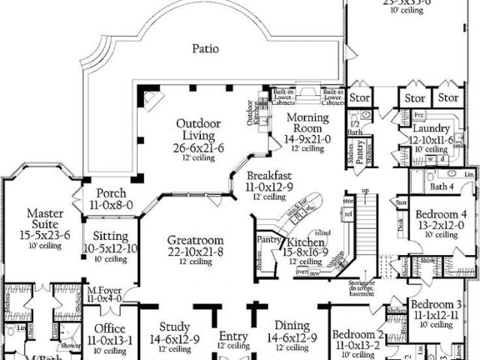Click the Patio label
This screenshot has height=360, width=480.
(205, 49)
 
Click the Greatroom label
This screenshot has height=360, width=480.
(194, 241)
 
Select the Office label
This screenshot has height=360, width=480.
(109, 328)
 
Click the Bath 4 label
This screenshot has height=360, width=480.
(442, 187)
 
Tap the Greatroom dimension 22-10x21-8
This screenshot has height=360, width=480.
(194, 252)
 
